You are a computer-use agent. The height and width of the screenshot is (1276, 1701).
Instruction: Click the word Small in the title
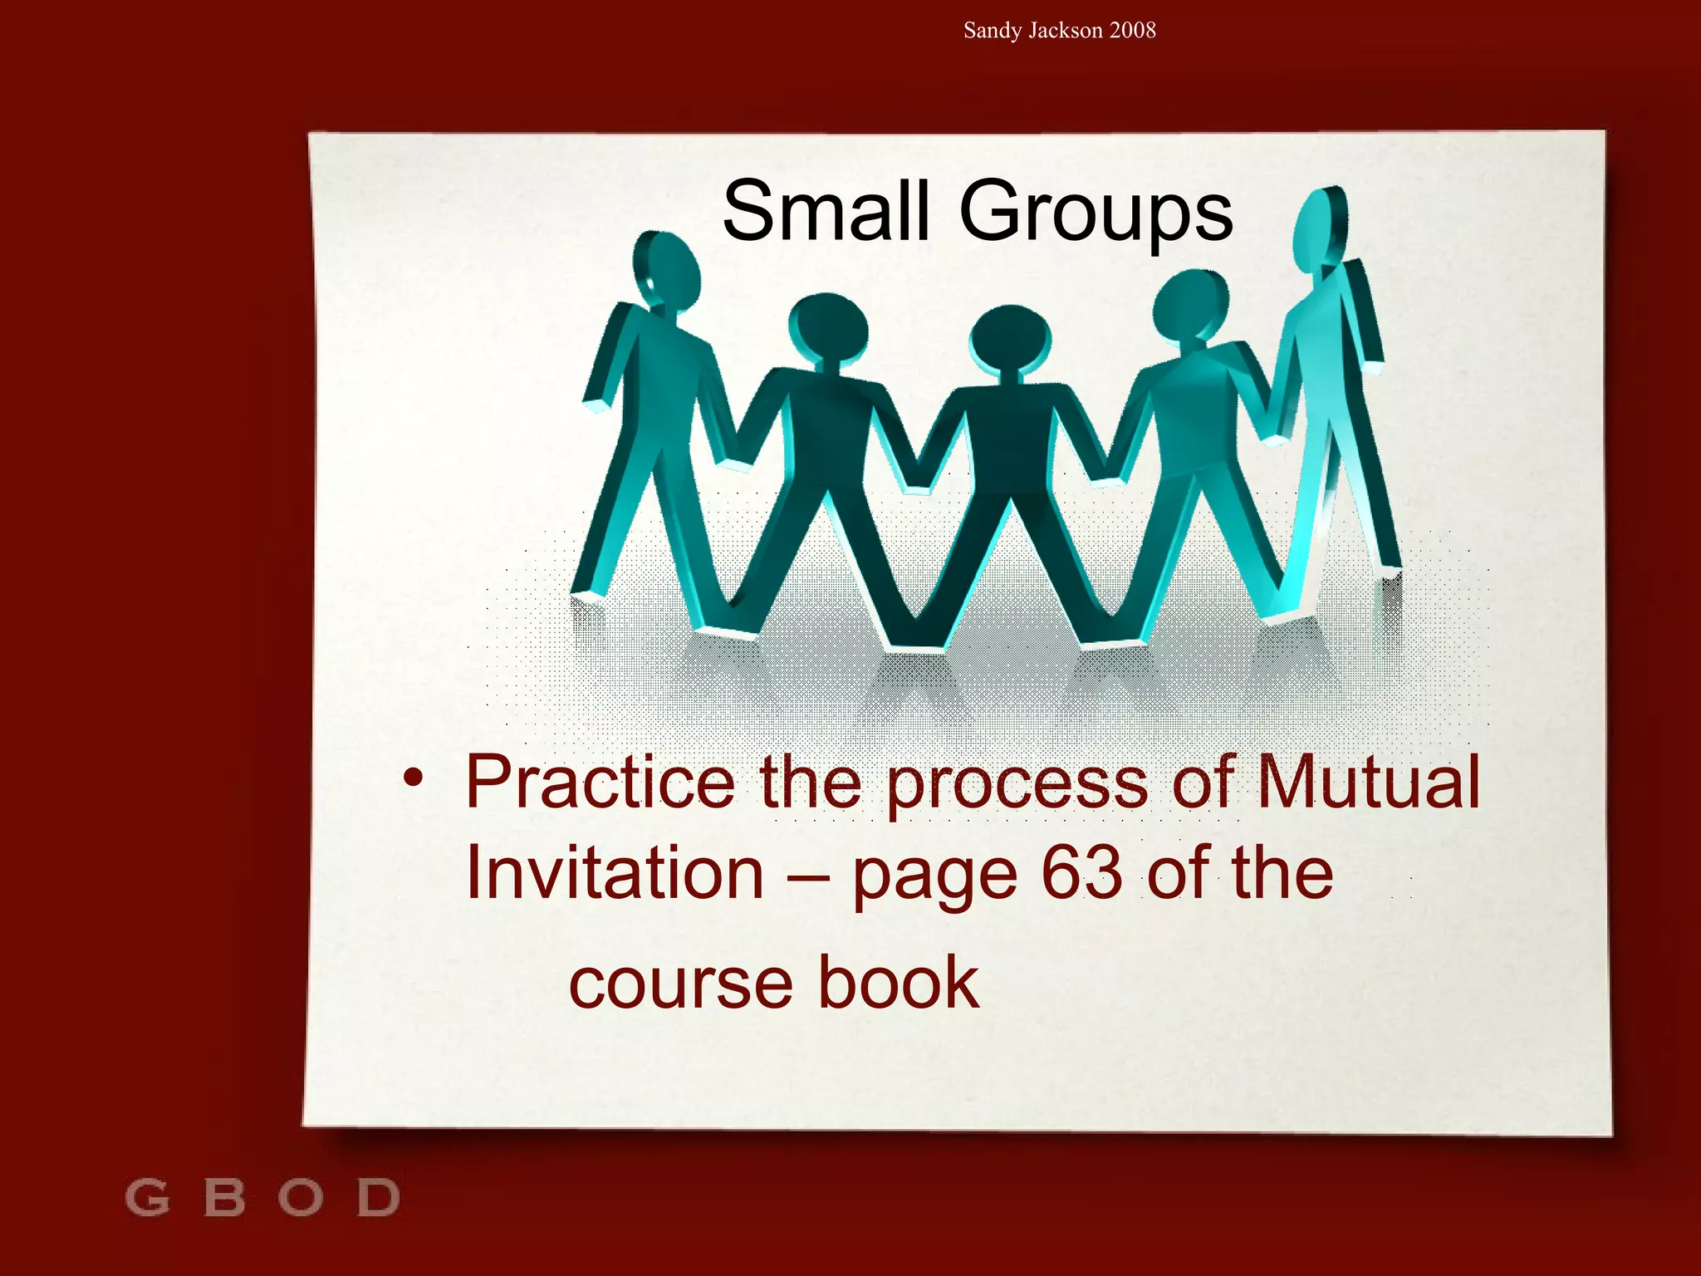tap(825, 212)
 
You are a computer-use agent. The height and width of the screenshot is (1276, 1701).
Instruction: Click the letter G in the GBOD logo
tap(147, 1198)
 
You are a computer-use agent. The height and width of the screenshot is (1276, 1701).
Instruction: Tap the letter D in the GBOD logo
tap(379, 1198)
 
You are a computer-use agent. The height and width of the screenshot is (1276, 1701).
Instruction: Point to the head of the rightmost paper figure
tap(1318, 228)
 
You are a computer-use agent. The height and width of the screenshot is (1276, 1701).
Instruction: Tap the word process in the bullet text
tap(1018, 785)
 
